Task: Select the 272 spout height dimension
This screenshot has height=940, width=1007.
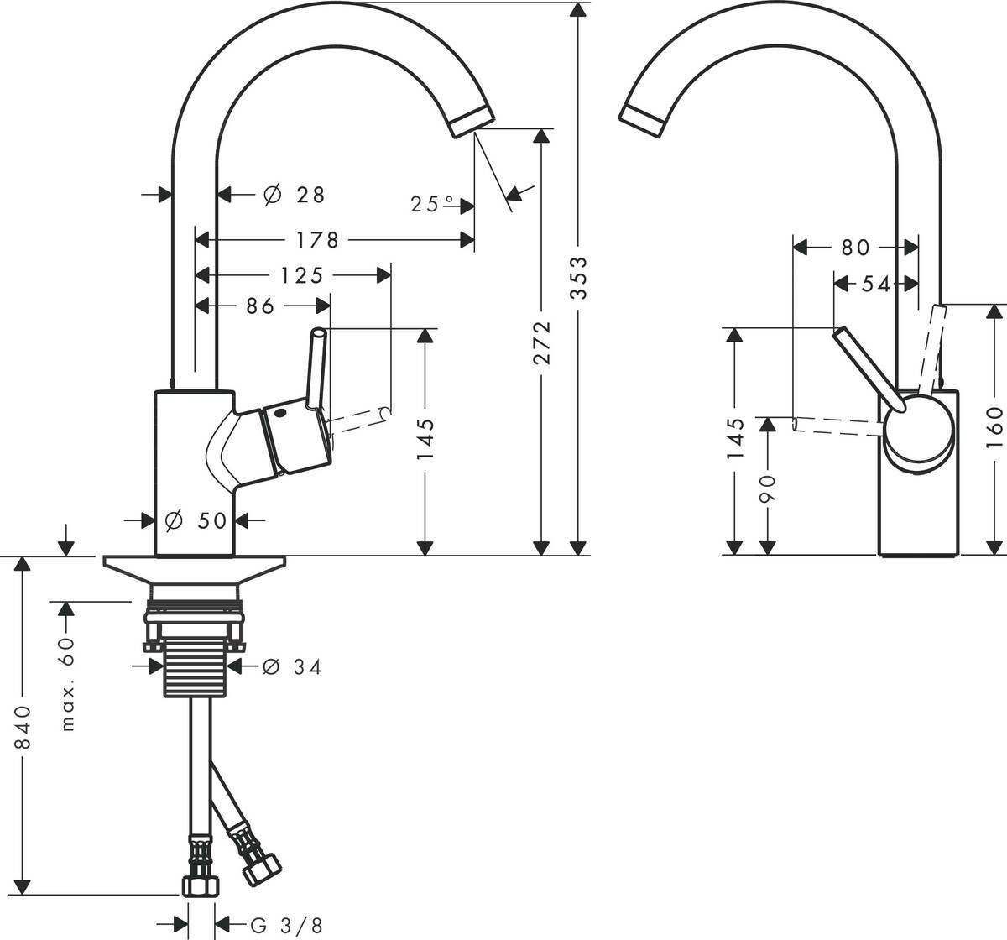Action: click(542, 342)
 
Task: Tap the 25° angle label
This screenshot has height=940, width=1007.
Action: click(432, 204)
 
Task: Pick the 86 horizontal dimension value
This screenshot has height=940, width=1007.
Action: click(260, 307)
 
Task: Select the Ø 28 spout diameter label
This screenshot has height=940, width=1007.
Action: click(294, 195)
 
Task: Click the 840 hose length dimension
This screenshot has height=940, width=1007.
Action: click(23, 727)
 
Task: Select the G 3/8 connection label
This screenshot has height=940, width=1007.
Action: click(285, 926)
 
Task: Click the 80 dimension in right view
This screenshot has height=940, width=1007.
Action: click(855, 248)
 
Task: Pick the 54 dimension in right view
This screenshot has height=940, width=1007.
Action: click(874, 285)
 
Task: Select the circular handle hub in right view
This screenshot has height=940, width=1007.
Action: click(918, 430)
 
